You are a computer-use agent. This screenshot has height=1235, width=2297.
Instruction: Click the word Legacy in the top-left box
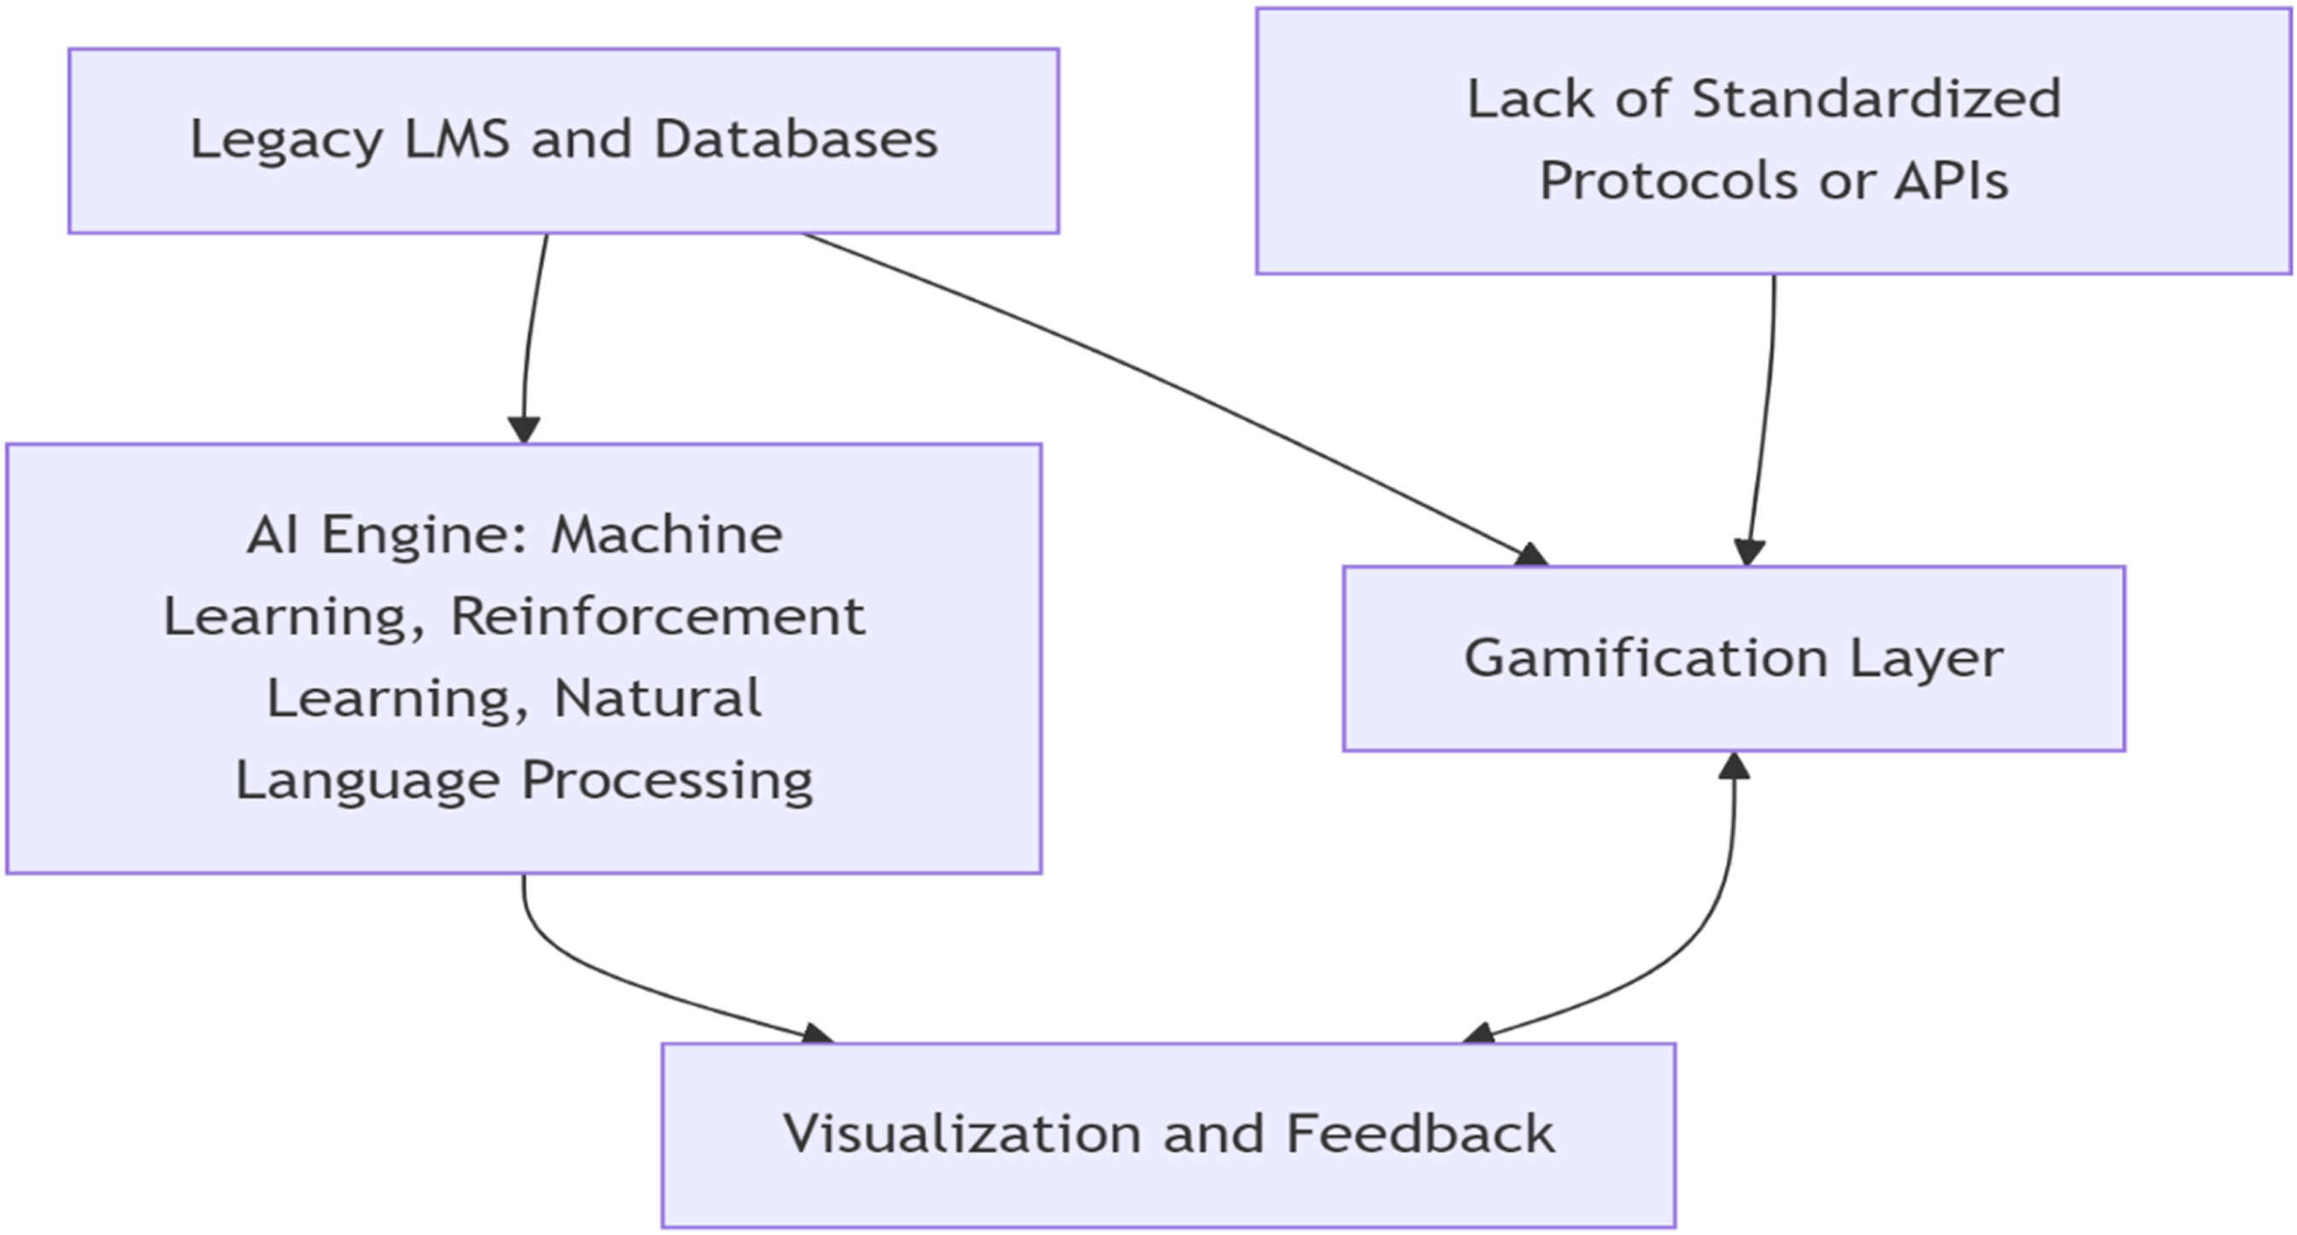pos(286,142)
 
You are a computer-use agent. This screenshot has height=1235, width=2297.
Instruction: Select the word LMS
pos(457,139)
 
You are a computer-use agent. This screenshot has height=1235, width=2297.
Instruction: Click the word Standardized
pos(1876,98)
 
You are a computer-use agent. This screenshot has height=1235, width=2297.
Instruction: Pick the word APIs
pos(1951,180)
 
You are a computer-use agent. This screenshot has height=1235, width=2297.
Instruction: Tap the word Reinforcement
pos(658,616)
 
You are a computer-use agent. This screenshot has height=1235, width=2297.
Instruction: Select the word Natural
pos(658,697)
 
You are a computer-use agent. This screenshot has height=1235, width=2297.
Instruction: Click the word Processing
pos(667,782)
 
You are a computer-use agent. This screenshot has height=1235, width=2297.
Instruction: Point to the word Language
pos(367,782)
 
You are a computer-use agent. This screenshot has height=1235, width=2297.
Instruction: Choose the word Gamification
pos(1646,659)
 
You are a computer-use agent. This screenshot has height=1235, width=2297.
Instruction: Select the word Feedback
pos(1420,1133)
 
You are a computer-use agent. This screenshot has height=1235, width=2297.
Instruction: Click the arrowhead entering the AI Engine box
pos(523,430)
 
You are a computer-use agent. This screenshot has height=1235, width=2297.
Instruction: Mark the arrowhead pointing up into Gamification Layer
pos(1733,765)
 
